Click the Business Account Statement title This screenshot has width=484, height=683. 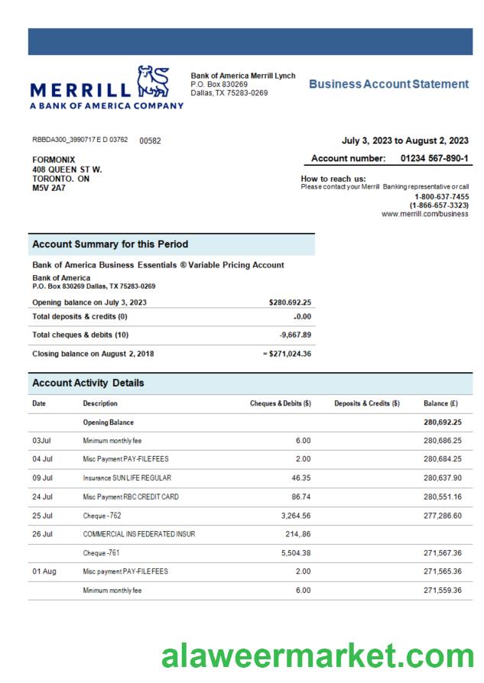(388, 84)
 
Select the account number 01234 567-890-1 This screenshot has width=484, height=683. (434, 158)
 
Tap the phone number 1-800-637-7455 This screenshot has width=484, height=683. (441, 196)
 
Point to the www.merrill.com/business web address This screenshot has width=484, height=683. (424, 215)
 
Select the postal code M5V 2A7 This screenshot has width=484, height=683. (48, 188)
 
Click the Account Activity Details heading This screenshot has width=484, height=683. (88, 383)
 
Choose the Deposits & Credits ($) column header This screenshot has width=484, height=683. (367, 403)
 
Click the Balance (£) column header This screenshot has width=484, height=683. (440, 403)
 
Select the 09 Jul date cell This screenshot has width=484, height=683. (43, 477)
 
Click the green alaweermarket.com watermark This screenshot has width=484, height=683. (318, 657)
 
